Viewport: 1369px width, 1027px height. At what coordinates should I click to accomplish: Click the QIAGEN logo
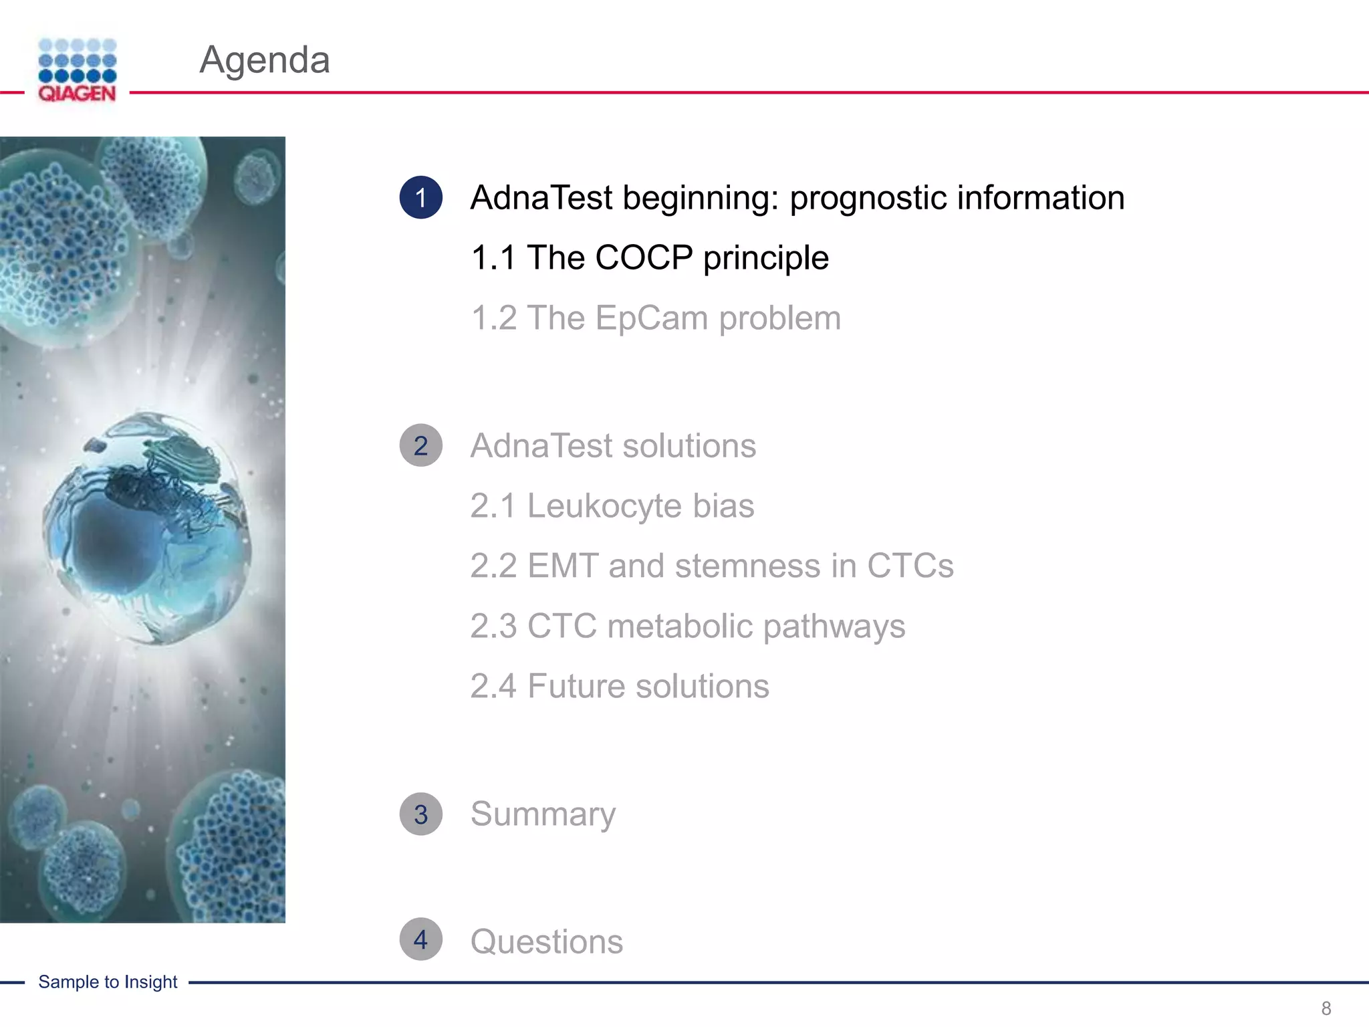pos(77,70)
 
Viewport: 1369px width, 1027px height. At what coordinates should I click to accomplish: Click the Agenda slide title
pos(265,60)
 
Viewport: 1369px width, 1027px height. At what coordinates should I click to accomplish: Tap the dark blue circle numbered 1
pos(420,197)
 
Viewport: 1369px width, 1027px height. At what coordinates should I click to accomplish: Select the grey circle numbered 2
pos(420,445)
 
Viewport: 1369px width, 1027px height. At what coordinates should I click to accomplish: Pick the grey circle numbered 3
pos(420,814)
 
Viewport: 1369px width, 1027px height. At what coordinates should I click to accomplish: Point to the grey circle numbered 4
pos(420,939)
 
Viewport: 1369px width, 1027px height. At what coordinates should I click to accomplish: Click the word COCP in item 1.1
pos(644,258)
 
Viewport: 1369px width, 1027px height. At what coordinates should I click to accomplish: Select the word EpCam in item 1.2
pos(651,318)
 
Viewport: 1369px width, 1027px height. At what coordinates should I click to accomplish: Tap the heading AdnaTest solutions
pos(613,446)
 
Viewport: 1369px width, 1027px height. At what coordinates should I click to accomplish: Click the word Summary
pos(543,814)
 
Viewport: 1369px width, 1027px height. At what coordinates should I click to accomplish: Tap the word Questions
pos(546,942)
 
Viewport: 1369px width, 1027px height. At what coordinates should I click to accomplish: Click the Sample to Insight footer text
pos(108,982)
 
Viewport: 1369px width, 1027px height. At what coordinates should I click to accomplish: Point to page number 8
pos(1326,1008)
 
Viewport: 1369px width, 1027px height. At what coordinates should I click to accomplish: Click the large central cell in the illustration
pos(147,528)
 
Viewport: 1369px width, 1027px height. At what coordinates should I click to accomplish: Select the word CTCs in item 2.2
pos(910,566)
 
